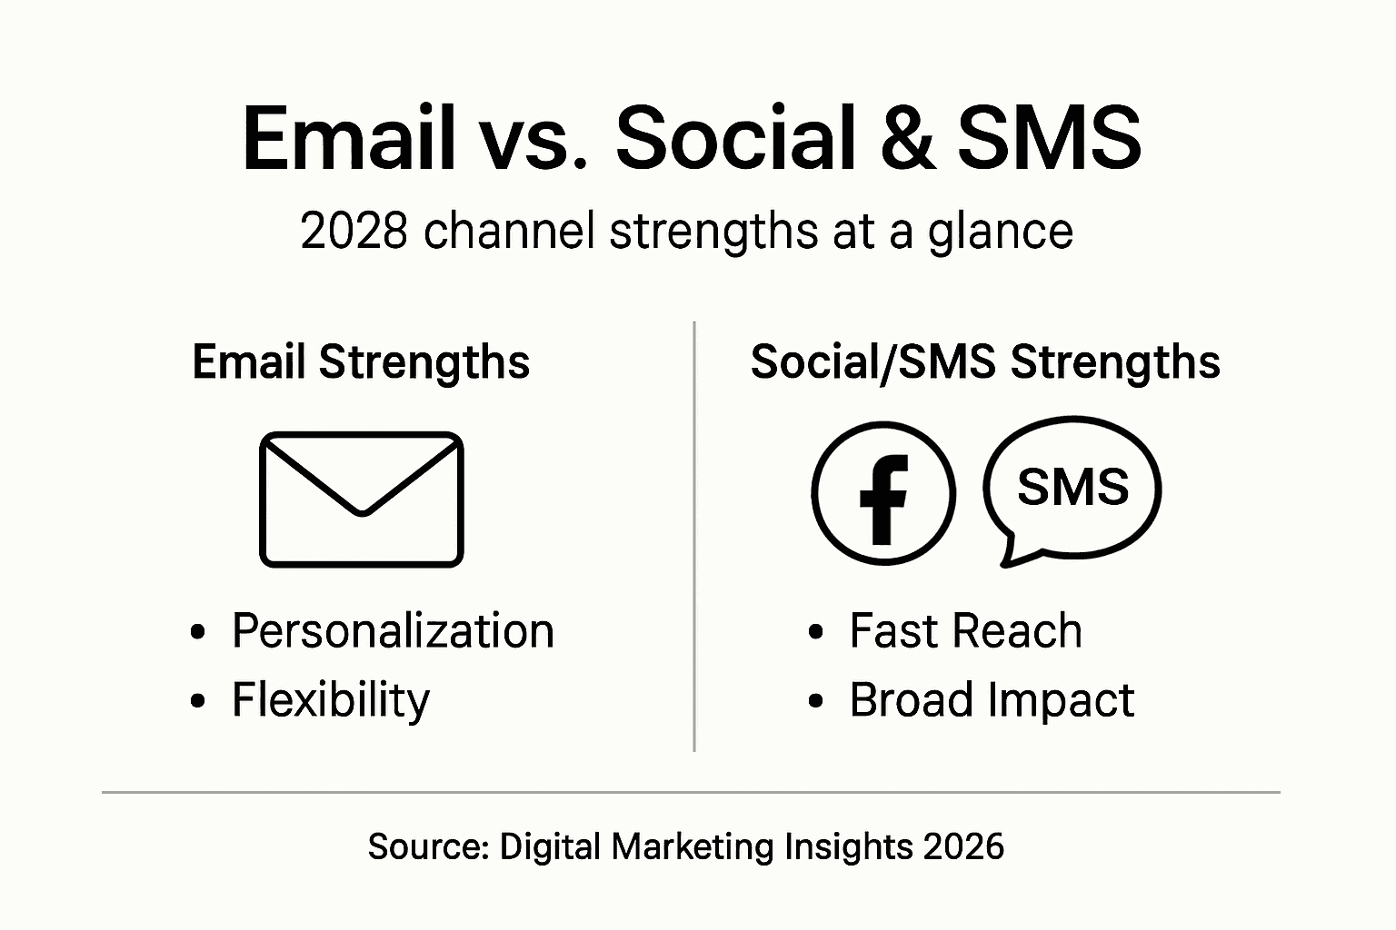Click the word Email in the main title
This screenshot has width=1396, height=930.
(348, 139)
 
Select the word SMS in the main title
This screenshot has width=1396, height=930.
(1050, 139)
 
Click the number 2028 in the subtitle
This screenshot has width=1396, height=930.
(353, 231)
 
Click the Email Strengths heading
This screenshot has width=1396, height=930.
(361, 362)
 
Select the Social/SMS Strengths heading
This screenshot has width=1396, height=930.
(985, 362)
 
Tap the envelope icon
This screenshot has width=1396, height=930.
(362, 500)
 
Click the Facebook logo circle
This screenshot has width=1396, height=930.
(883, 493)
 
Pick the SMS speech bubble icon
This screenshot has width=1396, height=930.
(1072, 487)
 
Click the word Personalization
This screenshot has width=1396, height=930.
(393, 630)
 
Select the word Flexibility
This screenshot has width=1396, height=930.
(331, 700)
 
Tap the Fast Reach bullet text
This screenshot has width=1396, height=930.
(965, 630)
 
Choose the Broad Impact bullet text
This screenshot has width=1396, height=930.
(992, 700)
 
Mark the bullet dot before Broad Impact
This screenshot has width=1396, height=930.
(816, 702)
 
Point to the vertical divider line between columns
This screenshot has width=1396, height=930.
(694, 536)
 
